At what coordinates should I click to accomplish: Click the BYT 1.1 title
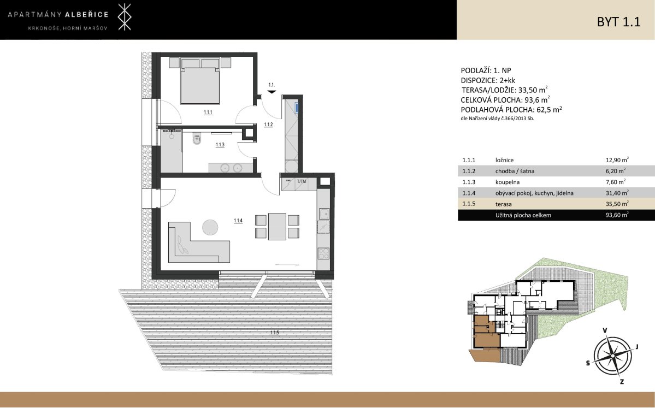click(x=618, y=22)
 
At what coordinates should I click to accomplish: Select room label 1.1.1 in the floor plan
click(x=208, y=113)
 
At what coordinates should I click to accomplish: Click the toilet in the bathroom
click(x=197, y=139)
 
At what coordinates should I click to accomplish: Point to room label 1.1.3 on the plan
click(x=220, y=145)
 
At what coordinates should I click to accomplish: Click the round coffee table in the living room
click(x=210, y=227)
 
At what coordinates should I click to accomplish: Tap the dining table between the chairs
click(x=277, y=226)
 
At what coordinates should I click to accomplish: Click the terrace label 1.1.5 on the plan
click(x=274, y=333)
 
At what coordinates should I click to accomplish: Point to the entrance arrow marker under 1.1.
click(x=272, y=91)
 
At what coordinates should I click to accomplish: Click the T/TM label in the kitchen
click(x=301, y=181)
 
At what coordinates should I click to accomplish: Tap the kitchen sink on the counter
click(x=324, y=214)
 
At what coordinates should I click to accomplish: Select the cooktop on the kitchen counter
click(x=324, y=253)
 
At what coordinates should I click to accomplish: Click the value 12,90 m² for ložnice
click(x=617, y=159)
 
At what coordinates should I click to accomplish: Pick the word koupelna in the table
click(x=507, y=182)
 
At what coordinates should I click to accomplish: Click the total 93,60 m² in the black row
click(x=617, y=215)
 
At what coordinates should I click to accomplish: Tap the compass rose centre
click(x=613, y=356)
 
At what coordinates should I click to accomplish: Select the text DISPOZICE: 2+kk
click(x=488, y=81)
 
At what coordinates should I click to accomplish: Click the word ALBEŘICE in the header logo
click(x=86, y=15)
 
